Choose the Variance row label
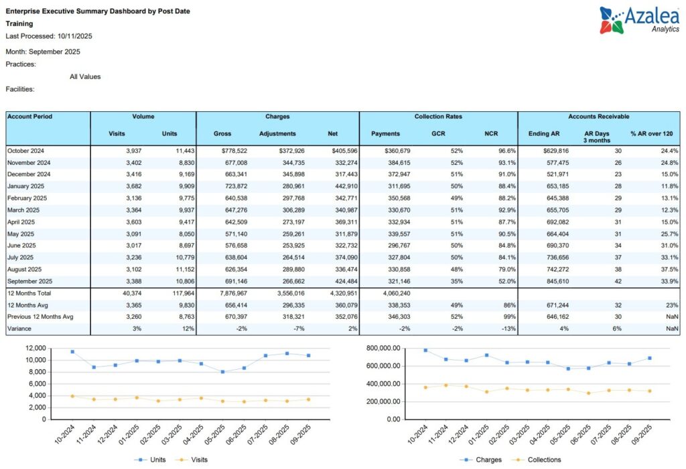(x=19, y=329)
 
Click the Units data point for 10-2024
(x=72, y=352)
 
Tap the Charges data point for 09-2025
(x=650, y=358)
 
